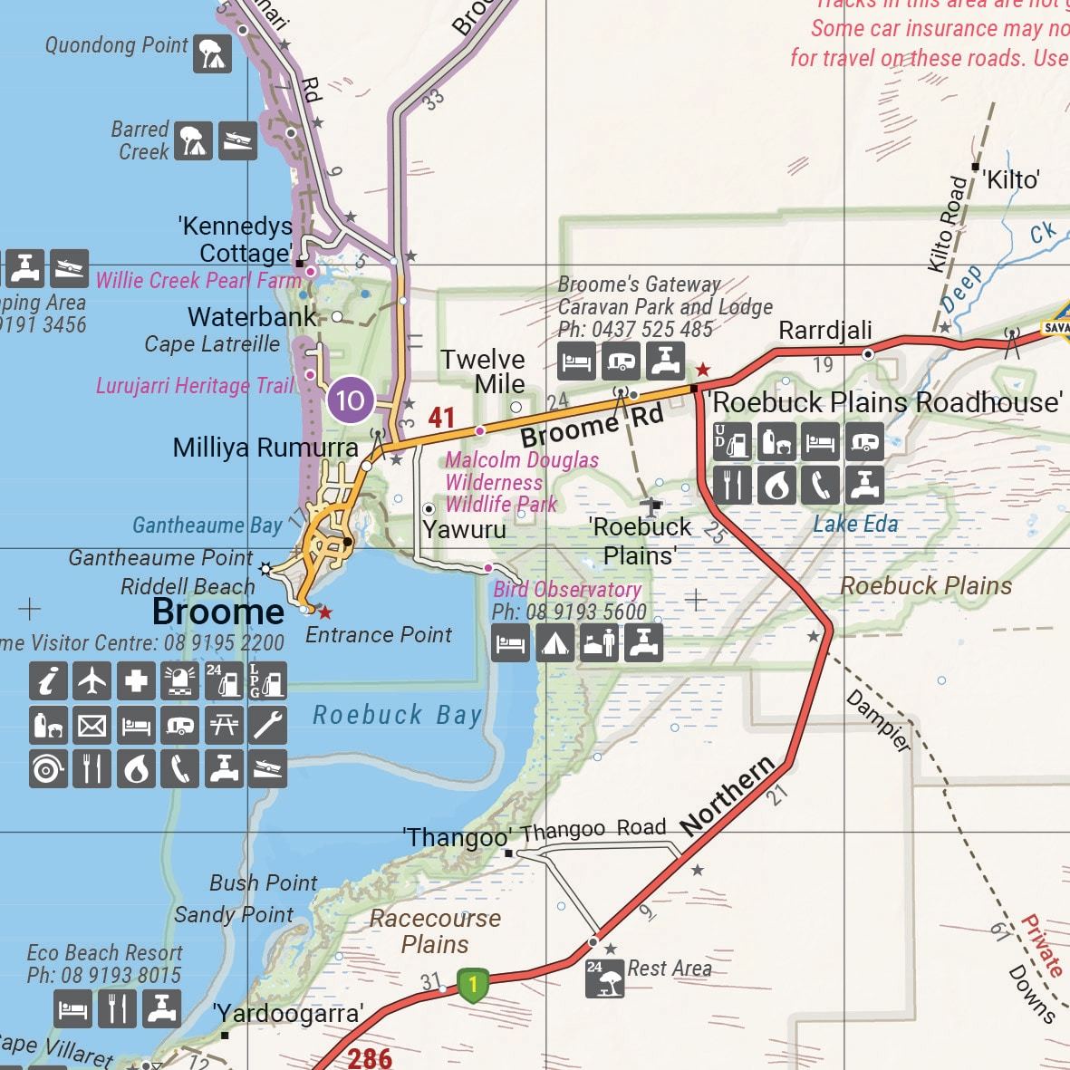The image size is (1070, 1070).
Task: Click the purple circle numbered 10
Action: (x=350, y=400)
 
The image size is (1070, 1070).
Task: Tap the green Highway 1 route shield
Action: (x=472, y=984)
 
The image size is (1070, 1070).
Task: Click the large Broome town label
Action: (x=218, y=612)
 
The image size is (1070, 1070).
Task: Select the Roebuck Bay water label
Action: (x=397, y=715)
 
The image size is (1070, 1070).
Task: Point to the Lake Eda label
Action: (x=855, y=524)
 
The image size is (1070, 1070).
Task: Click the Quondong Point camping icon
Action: (x=212, y=53)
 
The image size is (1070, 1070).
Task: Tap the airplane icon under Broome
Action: (x=92, y=680)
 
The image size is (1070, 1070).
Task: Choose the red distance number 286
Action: (x=370, y=1056)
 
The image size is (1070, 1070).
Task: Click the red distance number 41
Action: (x=441, y=418)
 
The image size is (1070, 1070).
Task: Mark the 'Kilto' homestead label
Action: (x=1012, y=179)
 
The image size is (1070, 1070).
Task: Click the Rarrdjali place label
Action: (x=824, y=331)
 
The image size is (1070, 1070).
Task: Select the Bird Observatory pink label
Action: (x=567, y=590)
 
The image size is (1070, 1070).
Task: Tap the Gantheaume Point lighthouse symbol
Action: (x=265, y=569)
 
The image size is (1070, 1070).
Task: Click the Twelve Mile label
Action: (x=483, y=371)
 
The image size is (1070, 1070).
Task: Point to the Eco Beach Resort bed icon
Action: (x=72, y=1008)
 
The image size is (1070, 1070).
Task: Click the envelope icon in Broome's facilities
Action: (x=92, y=725)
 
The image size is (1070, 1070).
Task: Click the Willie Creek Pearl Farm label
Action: (x=198, y=280)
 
